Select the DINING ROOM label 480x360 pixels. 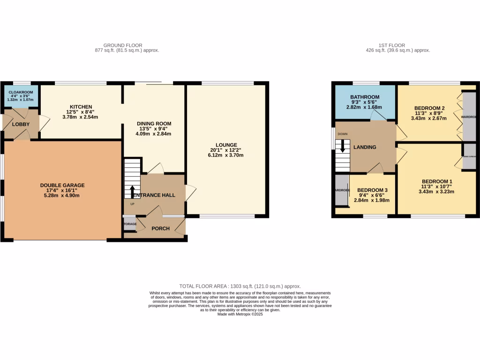tap(150, 123)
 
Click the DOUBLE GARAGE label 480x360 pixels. tap(62, 185)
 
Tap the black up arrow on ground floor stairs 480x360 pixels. tap(132, 191)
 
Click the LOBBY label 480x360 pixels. tap(21, 124)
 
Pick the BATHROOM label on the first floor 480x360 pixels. tap(365, 97)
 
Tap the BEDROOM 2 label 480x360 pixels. tap(429, 108)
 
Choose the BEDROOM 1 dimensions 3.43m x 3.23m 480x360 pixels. tap(436, 192)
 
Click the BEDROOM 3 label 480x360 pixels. tap(373, 190)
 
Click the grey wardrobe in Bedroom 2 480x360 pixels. tap(468, 116)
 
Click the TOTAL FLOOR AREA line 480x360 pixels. tap(240, 286)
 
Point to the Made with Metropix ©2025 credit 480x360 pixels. tap(240, 314)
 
